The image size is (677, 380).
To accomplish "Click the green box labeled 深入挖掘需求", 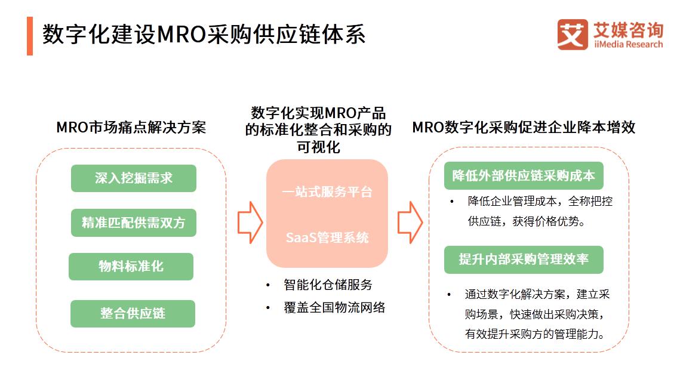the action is click(133, 178).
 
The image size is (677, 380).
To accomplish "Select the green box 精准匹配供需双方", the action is click(133, 223).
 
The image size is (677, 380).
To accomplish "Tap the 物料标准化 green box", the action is click(131, 267).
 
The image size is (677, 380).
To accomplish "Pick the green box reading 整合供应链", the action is click(133, 314).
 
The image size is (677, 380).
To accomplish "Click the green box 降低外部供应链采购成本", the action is click(524, 175).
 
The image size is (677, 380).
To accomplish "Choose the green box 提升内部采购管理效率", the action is click(524, 259).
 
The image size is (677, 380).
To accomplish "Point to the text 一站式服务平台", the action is click(327, 191).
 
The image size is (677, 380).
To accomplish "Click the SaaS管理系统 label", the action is click(327, 237).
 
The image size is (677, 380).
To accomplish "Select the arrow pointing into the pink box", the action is click(250, 223).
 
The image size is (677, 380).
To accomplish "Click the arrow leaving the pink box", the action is click(410, 223).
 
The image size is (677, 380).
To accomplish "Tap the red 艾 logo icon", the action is click(573, 35).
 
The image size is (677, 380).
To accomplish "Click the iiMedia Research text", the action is click(628, 44).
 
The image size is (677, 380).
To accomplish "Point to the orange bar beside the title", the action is click(30, 36).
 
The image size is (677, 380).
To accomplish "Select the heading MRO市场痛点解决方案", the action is click(131, 128).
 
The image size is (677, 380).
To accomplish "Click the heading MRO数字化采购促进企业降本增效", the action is click(524, 128).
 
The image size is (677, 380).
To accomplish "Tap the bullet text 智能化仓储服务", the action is click(328, 285).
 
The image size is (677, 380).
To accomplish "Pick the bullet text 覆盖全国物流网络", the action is click(334, 308).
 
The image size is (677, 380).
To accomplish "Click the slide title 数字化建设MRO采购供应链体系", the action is click(204, 35).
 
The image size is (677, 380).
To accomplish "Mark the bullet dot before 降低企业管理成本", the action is click(451, 202).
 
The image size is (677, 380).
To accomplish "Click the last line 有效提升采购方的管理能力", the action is click(535, 334).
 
